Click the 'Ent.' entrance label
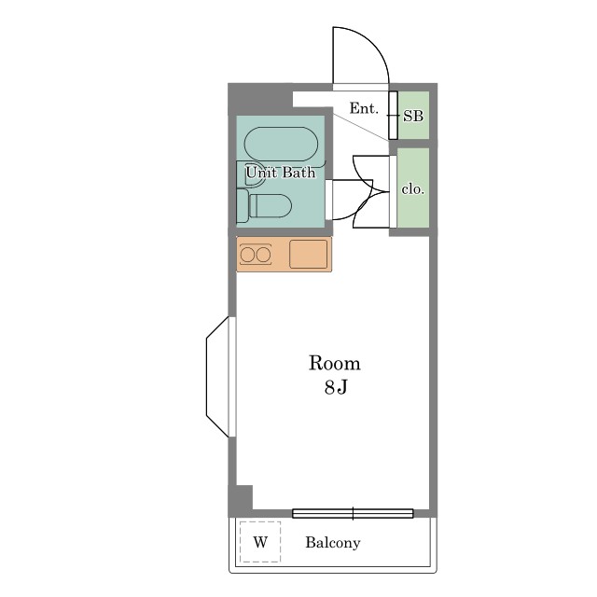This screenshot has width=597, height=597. coord(364,109)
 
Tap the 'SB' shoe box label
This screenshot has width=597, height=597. coord(413,117)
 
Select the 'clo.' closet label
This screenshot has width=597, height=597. coord(413,188)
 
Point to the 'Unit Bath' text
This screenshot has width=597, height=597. coord(281,173)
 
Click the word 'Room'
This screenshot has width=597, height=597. coord(334,364)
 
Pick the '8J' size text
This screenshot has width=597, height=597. coord(336,388)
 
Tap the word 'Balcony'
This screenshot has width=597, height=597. coord(332,543)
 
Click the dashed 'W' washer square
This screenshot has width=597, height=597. coord(260,542)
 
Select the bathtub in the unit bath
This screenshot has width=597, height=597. coord(281,146)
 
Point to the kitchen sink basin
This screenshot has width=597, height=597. coord(309,254)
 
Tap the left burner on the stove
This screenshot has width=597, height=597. coord(248,254)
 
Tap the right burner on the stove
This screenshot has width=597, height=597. coord(263,254)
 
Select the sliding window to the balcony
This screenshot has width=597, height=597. coord(353,513)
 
